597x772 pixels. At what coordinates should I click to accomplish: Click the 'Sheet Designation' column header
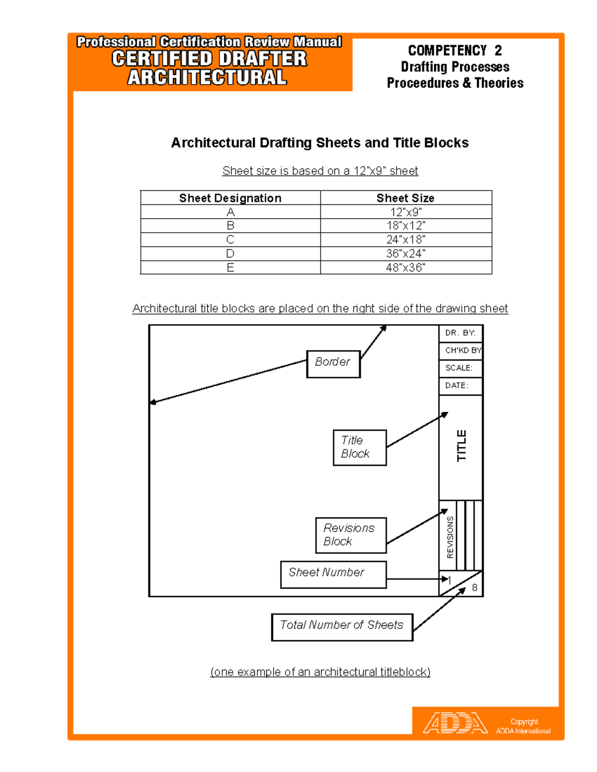(x=230, y=198)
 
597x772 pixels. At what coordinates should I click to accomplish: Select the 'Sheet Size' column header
(x=405, y=198)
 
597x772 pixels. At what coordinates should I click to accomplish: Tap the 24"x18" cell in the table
(x=405, y=240)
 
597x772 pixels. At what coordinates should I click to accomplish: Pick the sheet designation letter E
(x=230, y=267)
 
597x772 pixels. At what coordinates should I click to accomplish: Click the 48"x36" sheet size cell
(x=405, y=267)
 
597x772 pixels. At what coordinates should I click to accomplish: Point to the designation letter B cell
(x=230, y=226)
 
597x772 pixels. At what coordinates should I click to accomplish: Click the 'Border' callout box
(x=333, y=363)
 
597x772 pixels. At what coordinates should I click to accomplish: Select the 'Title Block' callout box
(x=359, y=447)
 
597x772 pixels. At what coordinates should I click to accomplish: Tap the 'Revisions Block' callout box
(x=351, y=535)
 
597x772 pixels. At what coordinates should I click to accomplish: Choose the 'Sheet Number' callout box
(x=333, y=574)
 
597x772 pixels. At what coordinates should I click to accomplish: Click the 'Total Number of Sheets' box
(x=342, y=627)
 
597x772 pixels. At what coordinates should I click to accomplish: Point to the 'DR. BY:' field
(x=460, y=333)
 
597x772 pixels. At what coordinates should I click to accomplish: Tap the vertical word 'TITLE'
(x=462, y=446)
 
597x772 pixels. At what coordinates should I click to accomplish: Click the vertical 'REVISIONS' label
(x=450, y=537)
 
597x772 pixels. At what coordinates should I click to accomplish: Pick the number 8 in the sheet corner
(x=475, y=588)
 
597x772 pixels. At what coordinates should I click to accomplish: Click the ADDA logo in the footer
(x=455, y=723)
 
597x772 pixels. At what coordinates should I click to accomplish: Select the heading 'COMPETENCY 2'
(x=455, y=51)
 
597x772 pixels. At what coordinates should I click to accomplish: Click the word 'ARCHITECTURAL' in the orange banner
(x=207, y=78)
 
